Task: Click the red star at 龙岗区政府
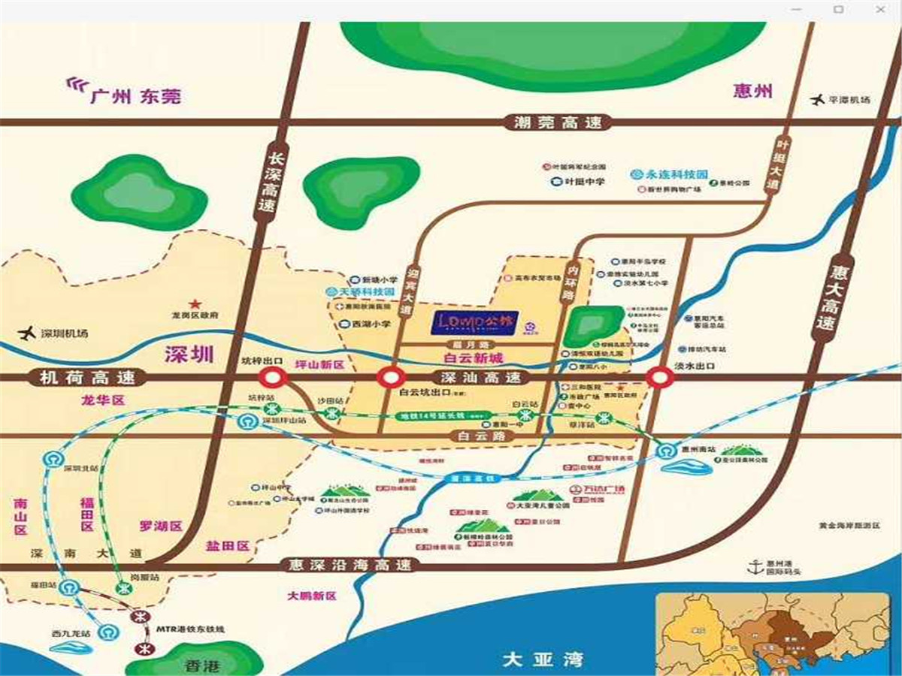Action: [x=195, y=304]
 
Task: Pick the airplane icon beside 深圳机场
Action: [x=28, y=333]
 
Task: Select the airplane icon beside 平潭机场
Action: [x=816, y=99]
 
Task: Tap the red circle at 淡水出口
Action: [x=660, y=378]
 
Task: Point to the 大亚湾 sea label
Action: [x=543, y=660]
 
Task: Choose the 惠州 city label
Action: [x=752, y=92]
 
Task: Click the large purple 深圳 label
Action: [x=189, y=355]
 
